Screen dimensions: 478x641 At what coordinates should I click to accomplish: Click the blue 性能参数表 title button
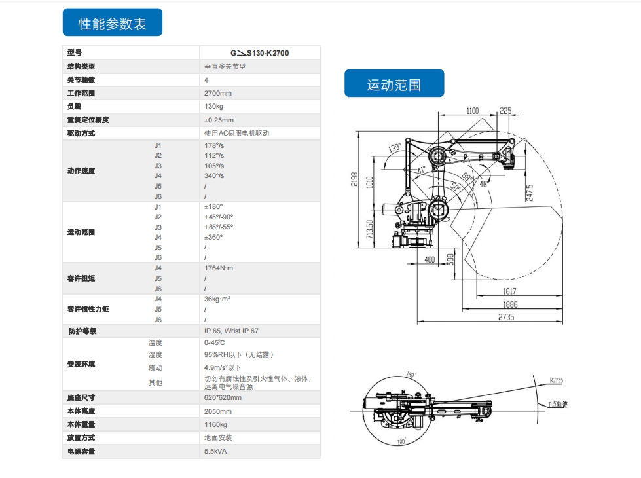pyautogui.click(x=112, y=24)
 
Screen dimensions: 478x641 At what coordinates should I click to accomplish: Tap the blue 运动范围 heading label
pyautogui.click(x=394, y=84)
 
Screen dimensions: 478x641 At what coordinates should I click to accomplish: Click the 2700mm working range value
pyautogui.click(x=218, y=93)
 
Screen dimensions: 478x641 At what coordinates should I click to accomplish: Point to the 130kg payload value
pyautogui.click(x=214, y=106)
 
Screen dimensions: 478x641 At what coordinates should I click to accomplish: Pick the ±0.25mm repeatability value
pyautogui.click(x=219, y=120)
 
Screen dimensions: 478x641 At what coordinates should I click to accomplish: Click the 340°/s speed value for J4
pyautogui.click(x=214, y=175)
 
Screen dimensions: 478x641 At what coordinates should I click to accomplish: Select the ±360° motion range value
pyautogui.click(x=213, y=237)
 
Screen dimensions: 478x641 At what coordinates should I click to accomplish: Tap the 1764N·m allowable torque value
pyautogui.click(x=219, y=268)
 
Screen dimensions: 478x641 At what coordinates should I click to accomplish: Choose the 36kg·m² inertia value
pyautogui.click(x=217, y=299)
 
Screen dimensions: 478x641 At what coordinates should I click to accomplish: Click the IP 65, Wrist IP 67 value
pyautogui.click(x=231, y=331)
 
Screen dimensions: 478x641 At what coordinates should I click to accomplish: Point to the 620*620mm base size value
pyautogui.click(x=223, y=397)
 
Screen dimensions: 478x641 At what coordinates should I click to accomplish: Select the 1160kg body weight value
pyautogui.click(x=217, y=424)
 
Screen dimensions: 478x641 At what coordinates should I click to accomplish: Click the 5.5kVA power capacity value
pyautogui.click(x=216, y=451)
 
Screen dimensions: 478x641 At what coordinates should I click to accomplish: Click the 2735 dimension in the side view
pyautogui.click(x=505, y=317)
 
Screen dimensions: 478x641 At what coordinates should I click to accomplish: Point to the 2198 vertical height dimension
pyautogui.click(x=354, y=179)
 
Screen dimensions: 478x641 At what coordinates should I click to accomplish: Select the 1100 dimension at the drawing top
pyautogui.click(x=472, y=111)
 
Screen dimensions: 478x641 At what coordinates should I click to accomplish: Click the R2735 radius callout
pyautogui.click(x=557, y=379)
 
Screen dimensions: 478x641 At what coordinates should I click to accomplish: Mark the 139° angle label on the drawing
pyautogui.click(x=394, y=148)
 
